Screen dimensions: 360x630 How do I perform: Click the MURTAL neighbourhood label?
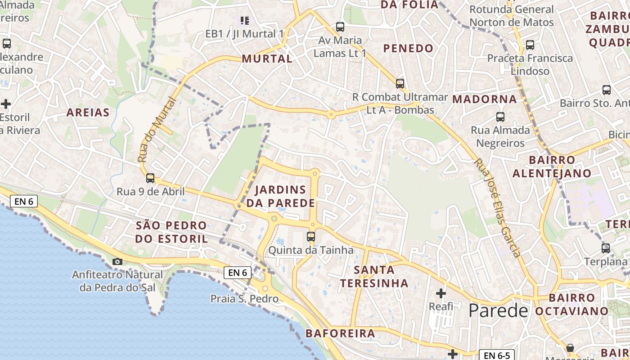267,58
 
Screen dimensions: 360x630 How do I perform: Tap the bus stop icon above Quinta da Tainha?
310,236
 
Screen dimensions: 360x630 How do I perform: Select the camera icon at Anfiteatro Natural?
117,261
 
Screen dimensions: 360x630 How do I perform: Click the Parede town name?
498,310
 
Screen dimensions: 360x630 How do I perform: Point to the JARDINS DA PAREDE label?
280,196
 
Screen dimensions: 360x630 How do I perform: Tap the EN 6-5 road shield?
496,355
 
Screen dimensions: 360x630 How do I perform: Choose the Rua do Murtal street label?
156,130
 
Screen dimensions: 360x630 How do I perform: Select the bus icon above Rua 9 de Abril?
150,178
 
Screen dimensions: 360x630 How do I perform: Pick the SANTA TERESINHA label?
374,276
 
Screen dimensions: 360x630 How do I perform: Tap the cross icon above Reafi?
441,294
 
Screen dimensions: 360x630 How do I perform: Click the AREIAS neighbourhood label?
88,112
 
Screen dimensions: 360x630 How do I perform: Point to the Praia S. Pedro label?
244,299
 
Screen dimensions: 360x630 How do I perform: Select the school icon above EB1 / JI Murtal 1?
244,20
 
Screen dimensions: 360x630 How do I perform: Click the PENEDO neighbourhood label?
408,48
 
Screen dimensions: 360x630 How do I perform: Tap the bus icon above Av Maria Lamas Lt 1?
340,27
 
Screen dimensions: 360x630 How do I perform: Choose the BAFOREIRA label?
340,333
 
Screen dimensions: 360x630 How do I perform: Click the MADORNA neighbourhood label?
484,99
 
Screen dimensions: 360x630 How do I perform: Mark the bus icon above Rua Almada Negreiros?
500,117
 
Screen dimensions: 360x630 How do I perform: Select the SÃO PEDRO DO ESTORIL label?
171,232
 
